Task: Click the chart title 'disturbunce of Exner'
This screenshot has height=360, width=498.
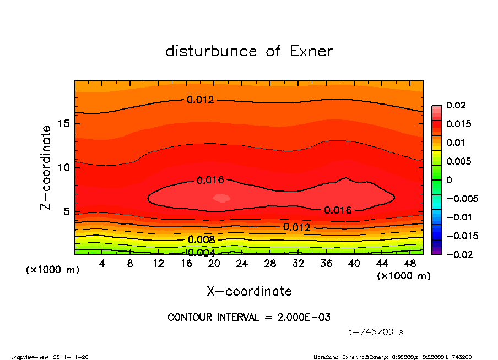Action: (x=249, y=51)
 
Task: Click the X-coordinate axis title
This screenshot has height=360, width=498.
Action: (x=249, y=291)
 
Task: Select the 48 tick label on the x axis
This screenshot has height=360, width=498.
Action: (x=411, y=264)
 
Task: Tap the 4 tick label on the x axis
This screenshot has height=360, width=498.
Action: (x=102, y=264)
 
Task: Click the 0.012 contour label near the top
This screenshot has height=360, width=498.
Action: (x=200, y=100)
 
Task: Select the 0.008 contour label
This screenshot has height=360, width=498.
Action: (x=201, y=239)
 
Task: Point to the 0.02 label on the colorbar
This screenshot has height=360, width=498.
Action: (x=457, y=105)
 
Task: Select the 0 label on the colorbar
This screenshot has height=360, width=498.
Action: (x=449, y=180)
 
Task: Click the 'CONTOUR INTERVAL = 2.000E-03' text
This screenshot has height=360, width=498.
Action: (x=249, y=318)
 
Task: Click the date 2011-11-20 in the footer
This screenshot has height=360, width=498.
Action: (x=71, y=357)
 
